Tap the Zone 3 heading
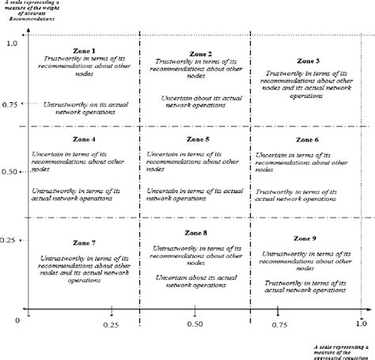[x=308, y=61]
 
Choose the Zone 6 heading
[x=307, y=140]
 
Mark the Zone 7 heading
[x=83, y=242]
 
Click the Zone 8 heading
[x=195, y=233]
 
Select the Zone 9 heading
[x=305, y=238]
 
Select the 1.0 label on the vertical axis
[x=11, y=43]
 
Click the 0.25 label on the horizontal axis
[x=111, y=325]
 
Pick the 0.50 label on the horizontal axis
[x=195, y=325]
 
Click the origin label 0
[x=17, y=320]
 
